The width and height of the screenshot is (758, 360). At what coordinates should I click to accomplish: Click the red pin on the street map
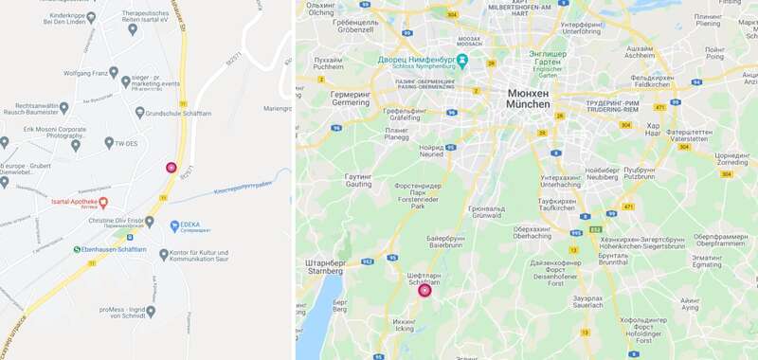coord(171,168)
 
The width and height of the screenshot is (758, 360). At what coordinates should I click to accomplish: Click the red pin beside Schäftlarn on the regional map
coord(424,290)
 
